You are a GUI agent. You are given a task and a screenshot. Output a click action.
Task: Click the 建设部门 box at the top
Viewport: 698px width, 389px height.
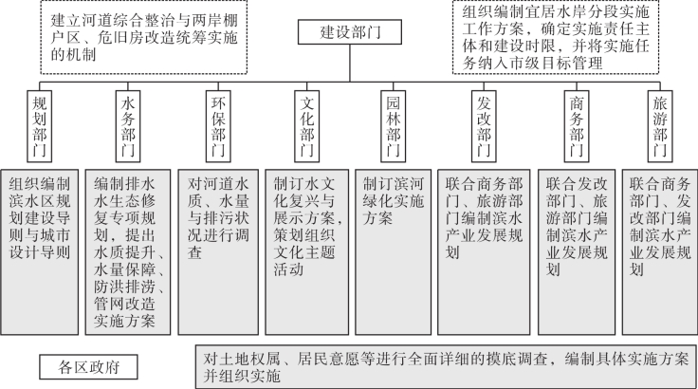[350, 32]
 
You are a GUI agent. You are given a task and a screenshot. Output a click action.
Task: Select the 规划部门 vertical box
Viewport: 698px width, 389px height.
[39, 126]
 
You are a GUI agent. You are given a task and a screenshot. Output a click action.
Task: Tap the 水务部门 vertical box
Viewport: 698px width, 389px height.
[128, 126]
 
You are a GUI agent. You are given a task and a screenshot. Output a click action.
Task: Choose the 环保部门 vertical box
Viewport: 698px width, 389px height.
[218, 126]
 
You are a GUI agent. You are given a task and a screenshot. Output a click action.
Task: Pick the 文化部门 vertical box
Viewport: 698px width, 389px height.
[306, 126]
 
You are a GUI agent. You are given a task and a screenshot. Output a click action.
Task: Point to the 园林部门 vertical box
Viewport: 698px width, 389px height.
[393, 126]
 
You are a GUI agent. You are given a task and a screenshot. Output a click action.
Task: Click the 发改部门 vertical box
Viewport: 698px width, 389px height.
[484, 126]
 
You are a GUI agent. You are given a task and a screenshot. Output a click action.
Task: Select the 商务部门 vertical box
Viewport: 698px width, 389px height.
[577, 126]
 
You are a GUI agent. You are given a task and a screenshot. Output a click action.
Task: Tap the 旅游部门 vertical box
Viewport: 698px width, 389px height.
[660, 126]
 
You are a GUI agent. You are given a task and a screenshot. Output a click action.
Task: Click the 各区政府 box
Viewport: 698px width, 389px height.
[88, 367]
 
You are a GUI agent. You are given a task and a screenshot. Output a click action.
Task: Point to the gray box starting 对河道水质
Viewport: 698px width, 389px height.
[218, 251]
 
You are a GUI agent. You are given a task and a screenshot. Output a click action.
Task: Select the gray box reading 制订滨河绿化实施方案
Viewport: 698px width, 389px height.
[393, 251]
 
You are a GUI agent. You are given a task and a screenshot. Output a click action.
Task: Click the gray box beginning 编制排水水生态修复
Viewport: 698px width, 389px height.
[128, 251]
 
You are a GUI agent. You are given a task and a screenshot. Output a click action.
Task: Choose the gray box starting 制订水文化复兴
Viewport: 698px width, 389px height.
[307, 251]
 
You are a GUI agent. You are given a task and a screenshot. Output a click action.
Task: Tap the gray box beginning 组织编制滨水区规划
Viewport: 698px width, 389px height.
[39, 251]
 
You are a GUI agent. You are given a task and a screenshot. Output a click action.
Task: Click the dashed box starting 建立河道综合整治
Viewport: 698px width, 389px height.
[144, 37]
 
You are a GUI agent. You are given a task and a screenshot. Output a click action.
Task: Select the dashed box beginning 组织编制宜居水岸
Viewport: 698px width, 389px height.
[556, 37]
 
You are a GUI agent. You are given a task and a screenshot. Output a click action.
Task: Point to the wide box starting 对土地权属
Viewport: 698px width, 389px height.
[446, 367]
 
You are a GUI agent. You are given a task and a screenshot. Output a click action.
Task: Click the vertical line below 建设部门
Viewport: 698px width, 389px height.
[350, 64]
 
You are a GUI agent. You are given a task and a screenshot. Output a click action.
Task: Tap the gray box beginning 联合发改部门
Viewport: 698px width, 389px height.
[577, 251]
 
